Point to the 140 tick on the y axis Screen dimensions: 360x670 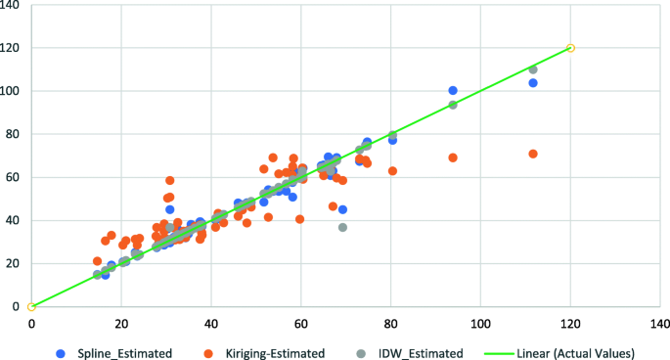(13, 5)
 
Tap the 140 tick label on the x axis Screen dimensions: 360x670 (660, 322)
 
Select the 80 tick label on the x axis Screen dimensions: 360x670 (391, 322)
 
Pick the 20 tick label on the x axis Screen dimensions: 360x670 (121, 322)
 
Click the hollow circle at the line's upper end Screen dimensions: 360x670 (571, 48)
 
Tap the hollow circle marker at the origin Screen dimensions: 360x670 (31, 306)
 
